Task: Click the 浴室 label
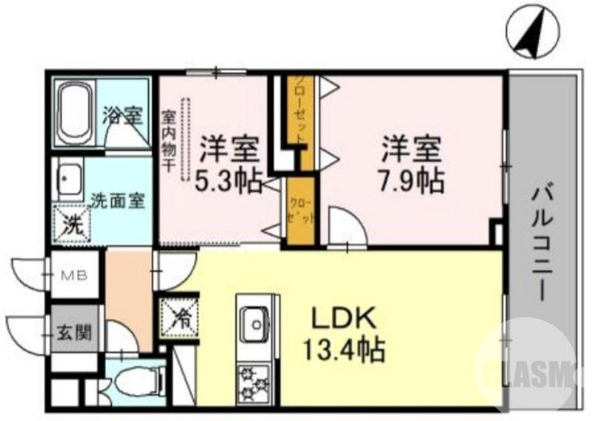pyautogui.click(x=122, y=116)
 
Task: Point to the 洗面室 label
pyautogui.click(x=117, y=200)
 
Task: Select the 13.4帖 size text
pyautogui.click(x=342, y=348)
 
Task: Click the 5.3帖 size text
pyautogui.click(x=228, y=180)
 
